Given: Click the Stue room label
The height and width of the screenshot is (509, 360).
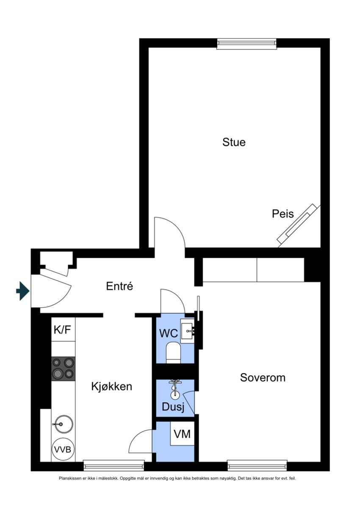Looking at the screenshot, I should (x=234, y=142).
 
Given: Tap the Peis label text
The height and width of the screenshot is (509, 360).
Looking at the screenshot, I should (x=282, y=214).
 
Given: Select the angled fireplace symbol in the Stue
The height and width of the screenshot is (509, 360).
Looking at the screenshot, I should (x=299, y=225).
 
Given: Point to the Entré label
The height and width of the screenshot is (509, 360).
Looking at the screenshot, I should (x=119, y=286).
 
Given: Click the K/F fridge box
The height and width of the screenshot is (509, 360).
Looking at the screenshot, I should (x=63, y=329).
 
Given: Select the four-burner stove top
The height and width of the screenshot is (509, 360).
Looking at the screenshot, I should (x=63, y=368).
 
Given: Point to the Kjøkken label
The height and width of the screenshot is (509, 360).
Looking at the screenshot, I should (x=112, y=387).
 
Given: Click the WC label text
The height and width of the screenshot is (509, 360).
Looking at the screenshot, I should (x=168, y=333).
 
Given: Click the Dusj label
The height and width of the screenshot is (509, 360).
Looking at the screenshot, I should (x=173, y=407).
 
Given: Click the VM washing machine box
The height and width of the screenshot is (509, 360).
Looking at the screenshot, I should (x=182, y=434).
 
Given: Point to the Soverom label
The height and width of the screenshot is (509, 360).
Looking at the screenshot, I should (x=263, y=377).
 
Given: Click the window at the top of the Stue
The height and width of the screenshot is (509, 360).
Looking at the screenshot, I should (x=246, y=44).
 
